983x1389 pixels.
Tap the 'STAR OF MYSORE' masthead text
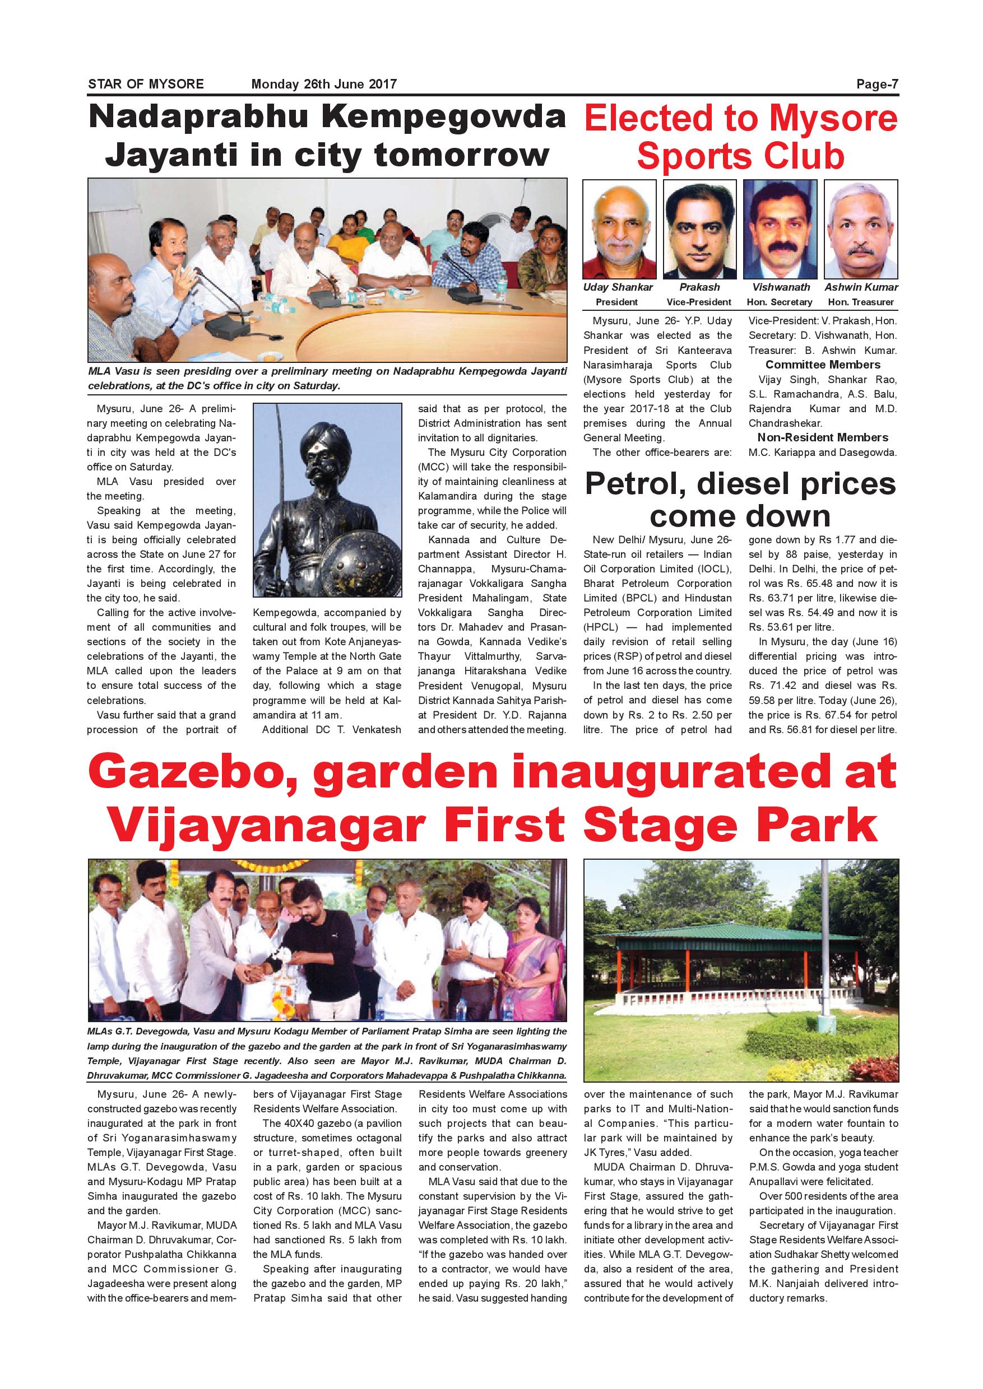[x=146, y=84]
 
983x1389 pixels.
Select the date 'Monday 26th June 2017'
[x=324, y=84]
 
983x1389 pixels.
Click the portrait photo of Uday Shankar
[x=619, y=229]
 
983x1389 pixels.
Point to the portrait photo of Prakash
[x=700, y=229]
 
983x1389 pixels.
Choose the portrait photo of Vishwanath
[x=780, y=229]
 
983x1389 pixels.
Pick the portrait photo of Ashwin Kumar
[x=861, y=229]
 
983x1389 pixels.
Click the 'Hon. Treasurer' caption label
[x=861, y=302]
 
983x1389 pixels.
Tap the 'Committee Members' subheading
[x=823, y=365]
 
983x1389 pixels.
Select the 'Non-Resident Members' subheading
[x=823, y=437]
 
